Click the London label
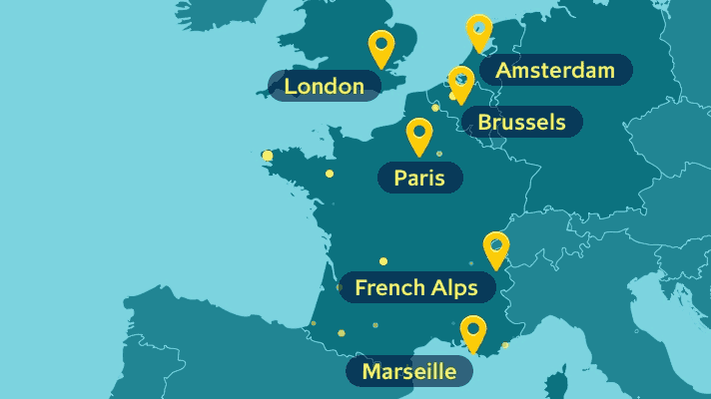click(324, 87)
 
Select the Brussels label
click(522, 122)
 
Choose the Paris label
click(419, 178)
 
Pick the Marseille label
click(408, 372)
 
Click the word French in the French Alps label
click(387, 288)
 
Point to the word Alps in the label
click(456, 288)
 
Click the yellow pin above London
click(380, 47)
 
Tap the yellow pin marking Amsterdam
click(479, 31)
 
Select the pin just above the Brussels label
click(460, 82)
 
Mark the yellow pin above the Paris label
click(419, 135)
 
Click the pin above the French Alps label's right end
click(495, 248)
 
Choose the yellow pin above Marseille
click(473, 332)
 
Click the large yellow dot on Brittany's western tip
click(267, 156)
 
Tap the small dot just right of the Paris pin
click(439, 154)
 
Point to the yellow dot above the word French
click(383, 261)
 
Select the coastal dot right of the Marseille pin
click(505, 345)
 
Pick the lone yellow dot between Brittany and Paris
click(330, 174)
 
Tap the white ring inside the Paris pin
click(419, 131)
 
